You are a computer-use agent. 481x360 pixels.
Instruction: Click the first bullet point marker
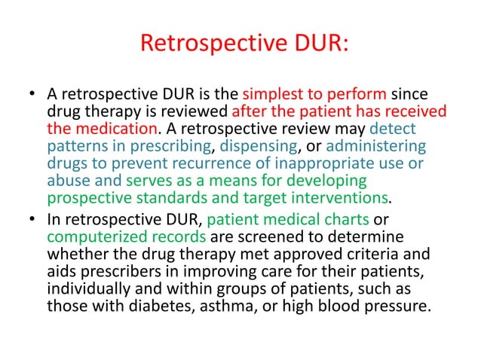point(31,96)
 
